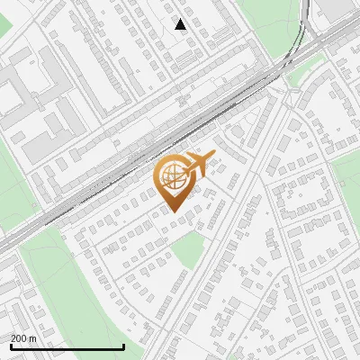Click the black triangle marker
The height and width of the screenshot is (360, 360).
tap(181, 24)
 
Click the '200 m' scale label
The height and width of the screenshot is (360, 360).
tap(23, 338)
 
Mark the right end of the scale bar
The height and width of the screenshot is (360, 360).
tap(123, 347)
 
